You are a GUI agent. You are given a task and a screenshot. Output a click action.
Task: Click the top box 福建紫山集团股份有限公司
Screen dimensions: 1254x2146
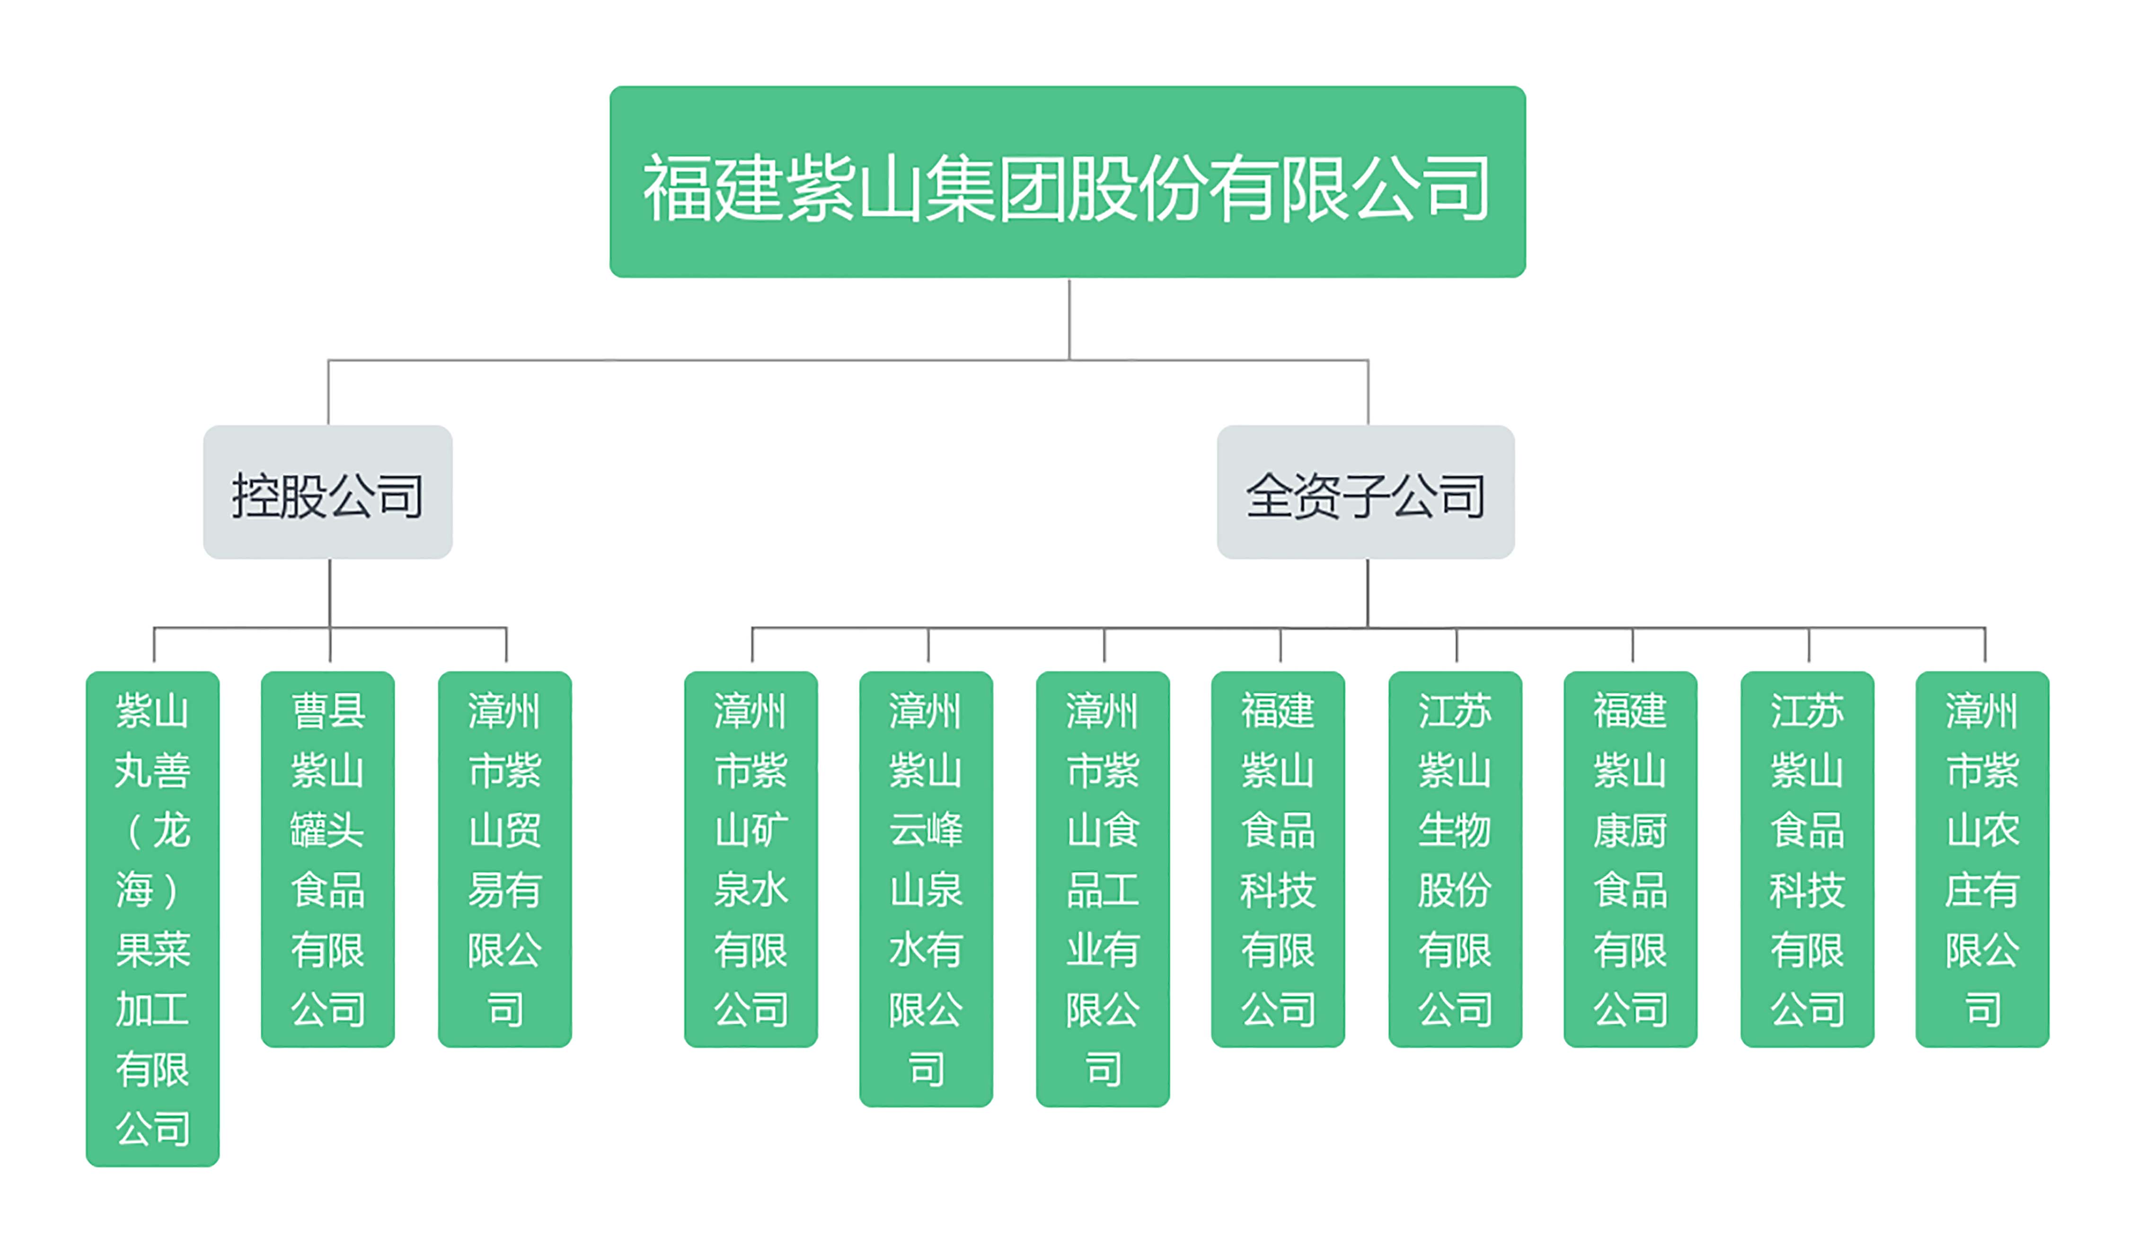[x=1067, y=182]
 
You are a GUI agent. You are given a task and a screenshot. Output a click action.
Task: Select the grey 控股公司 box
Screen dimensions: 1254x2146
[x=328, y=492]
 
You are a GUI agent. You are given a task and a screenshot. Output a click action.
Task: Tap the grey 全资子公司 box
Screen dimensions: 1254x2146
[x=1365, y=492]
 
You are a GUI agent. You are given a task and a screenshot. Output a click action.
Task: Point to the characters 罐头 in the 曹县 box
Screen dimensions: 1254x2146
[x=328, y=830]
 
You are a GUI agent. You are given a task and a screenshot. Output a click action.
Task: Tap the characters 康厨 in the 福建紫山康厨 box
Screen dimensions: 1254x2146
[x=1630, y=830]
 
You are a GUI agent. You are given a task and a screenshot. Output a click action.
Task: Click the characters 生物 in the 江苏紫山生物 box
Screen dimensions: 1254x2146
[x=1455, y=830]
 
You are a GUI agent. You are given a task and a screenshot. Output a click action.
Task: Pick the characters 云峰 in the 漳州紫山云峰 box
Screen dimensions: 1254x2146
[x=926, y=830]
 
